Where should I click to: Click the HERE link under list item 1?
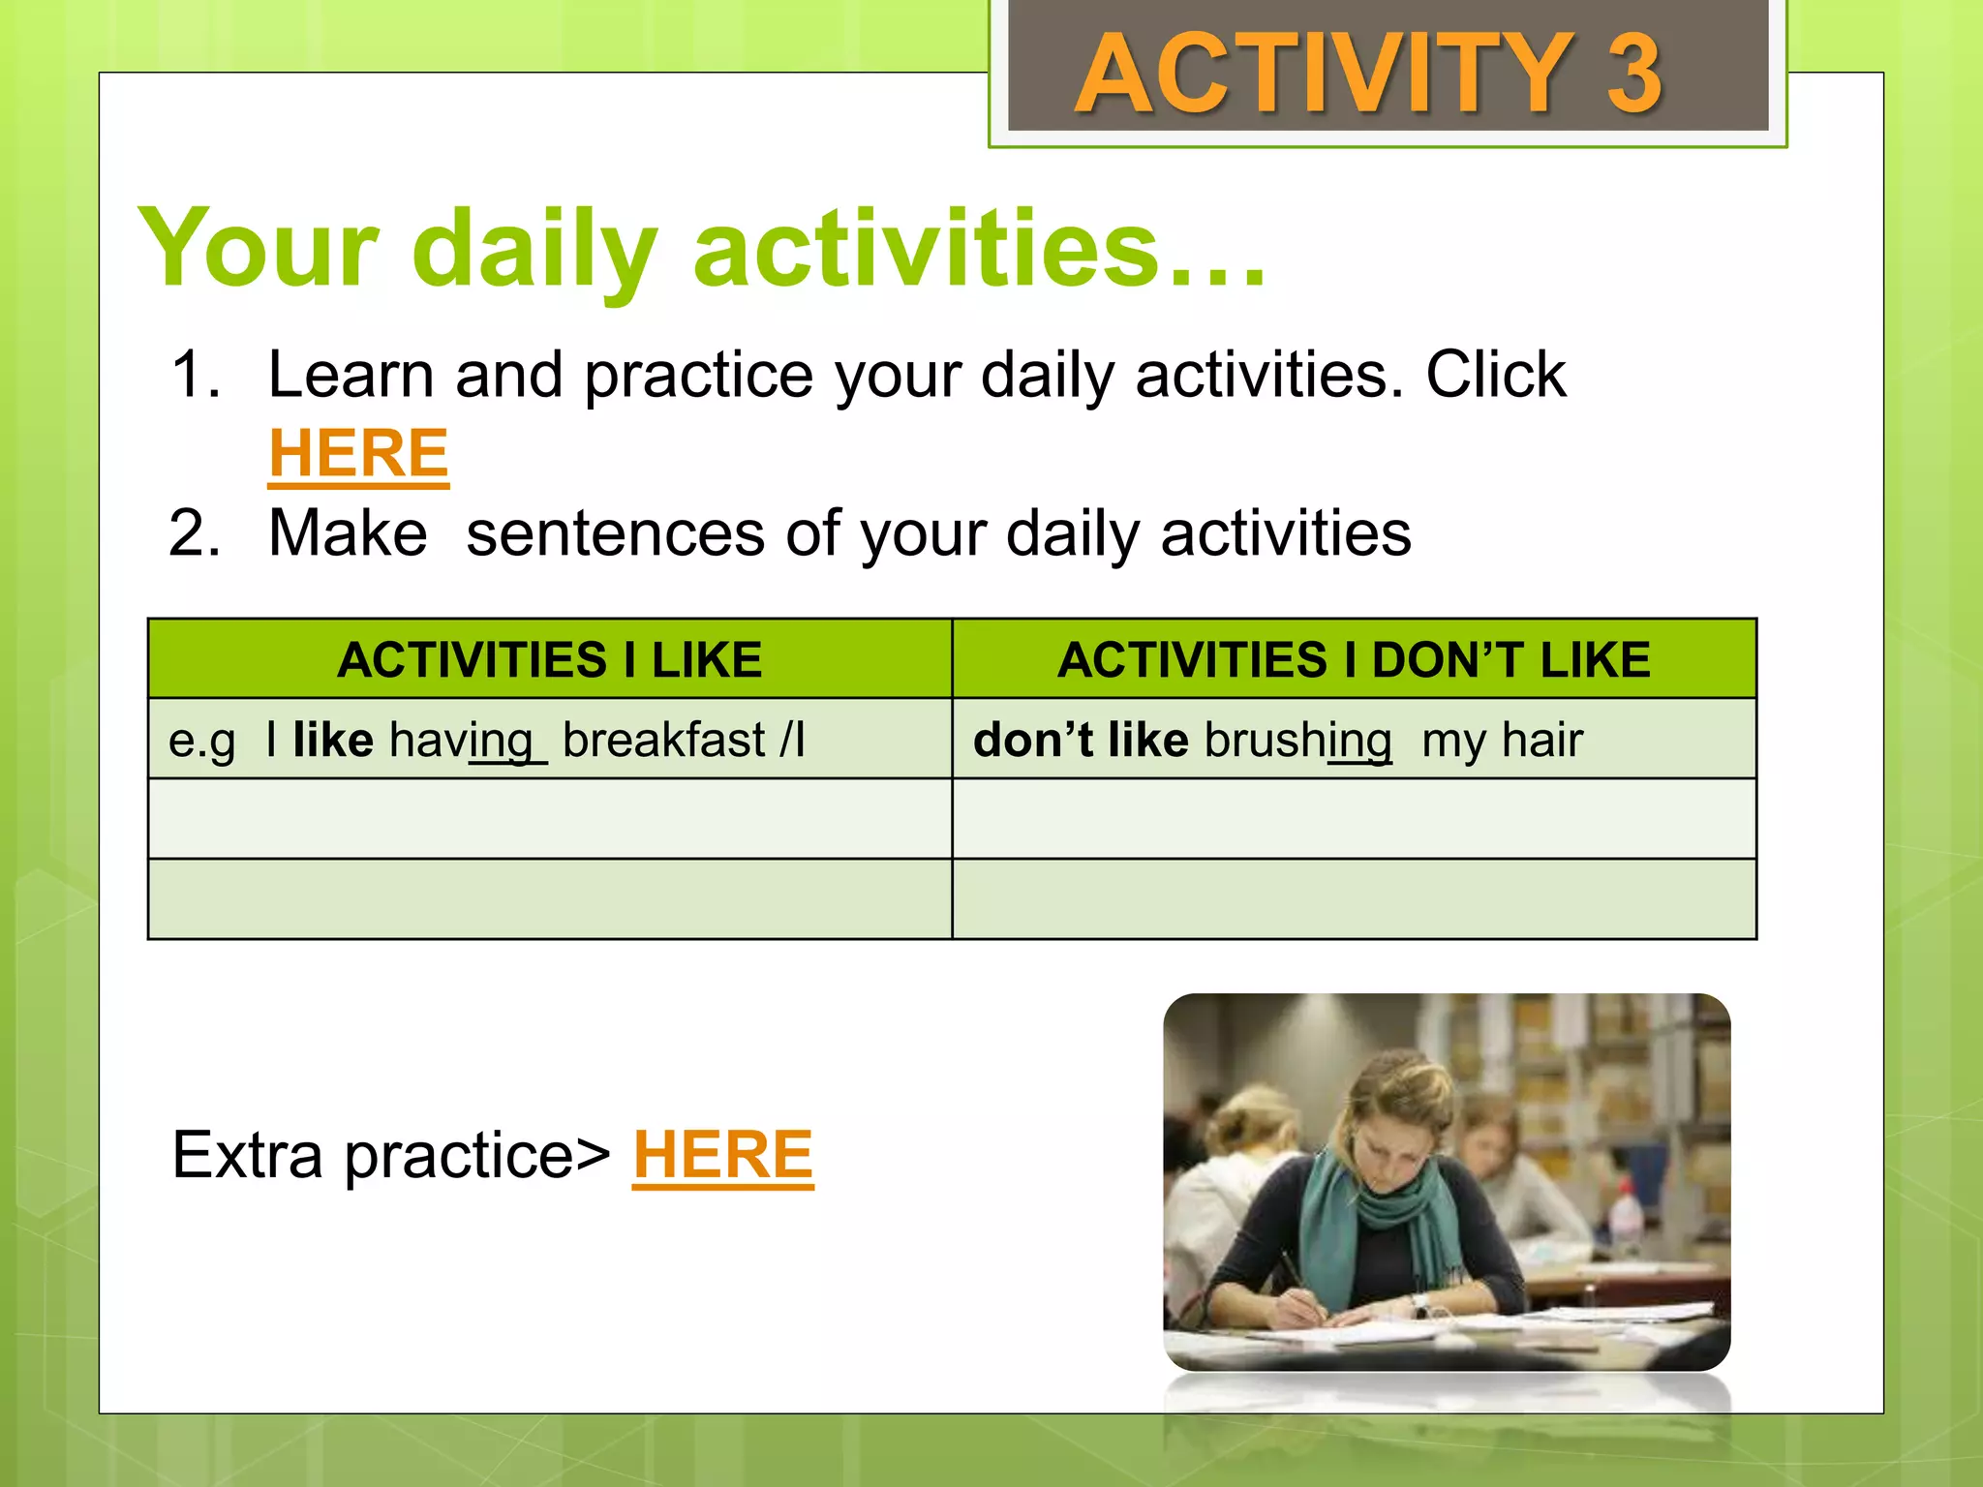tap(358, 453)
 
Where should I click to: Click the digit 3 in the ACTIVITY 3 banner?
tap(1634, 74)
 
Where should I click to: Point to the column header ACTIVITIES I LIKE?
tap(549, 660)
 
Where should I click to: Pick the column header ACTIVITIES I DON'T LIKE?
tap(1354, 660)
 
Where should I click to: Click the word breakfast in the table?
tap(664, 741)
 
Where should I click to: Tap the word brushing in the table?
tap(1297, 741)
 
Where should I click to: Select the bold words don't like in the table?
tap(1080, 741)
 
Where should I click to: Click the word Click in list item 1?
tap(1495, 375)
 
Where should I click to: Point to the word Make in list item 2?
tap(348, 533)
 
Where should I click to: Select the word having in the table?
tap(461, 741)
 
